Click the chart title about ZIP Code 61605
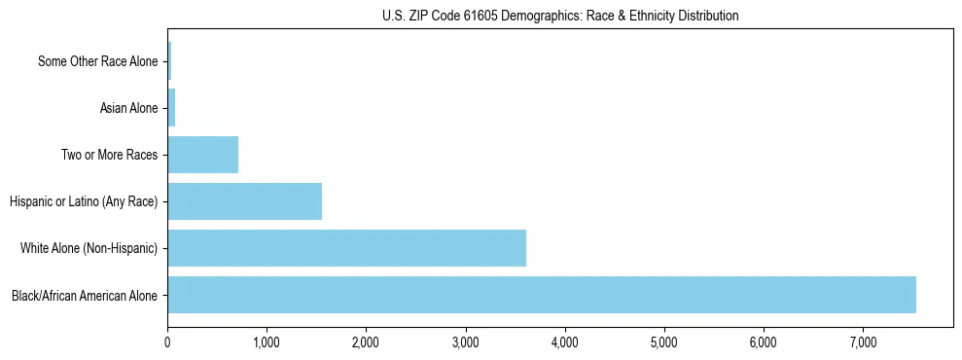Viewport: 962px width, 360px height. (x=559, y=16)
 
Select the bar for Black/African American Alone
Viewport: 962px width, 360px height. (x=541, y=295)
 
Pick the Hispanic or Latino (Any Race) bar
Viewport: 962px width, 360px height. (x=244, y=201)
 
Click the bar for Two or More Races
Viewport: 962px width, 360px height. (x=202, y=155)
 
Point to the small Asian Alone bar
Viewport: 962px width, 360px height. (x=171, y=108)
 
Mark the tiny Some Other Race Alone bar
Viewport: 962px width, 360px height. (x=169, y=61)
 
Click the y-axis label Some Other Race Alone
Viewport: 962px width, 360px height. (x=97, y=61)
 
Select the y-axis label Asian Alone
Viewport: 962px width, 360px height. (x=128, y=108)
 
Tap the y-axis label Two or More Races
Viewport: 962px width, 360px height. (x=109, y=155)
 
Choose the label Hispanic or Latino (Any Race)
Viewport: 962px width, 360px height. (x=84, y=201)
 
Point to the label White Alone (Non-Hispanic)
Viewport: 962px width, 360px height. (x=89, y=248)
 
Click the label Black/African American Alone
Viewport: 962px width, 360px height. (x=84, y=295)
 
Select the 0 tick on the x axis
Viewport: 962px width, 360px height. (x=167, y=342)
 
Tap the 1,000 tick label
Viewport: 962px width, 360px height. (x=267, y=342)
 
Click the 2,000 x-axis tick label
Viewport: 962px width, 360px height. (x=366, y=342)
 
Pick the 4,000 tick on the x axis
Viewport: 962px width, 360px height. (x=564, y=342)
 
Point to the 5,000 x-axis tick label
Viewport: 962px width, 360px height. (x=663, y=342)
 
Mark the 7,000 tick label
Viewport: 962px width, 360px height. (x=863, y=342)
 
